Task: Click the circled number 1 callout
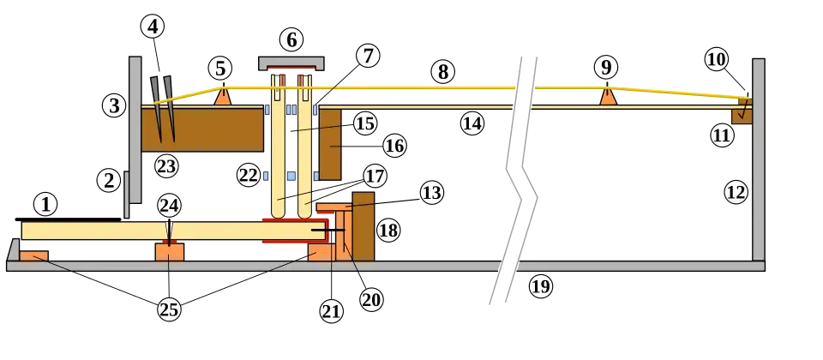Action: (45, 205)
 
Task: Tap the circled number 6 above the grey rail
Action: (291, 40)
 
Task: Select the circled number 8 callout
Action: (443, 72)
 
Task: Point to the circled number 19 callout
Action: (541, 286)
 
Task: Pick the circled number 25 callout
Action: (169, 309)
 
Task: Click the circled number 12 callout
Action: (736, 193)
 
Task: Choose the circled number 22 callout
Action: (249, 175)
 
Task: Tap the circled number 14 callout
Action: (472, 123)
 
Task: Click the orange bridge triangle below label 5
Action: (223, 96)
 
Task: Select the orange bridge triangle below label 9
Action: (608, 96)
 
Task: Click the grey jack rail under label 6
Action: (291, 63)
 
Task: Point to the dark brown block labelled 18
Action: (363, 226)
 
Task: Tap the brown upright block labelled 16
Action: (330, 144)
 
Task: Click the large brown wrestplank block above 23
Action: (202, 130)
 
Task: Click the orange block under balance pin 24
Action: (170, 251)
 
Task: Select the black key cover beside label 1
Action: (69, 219)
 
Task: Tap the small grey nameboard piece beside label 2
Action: (126, 195)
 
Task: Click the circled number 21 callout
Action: (331, 312)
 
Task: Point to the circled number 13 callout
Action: (431, 193)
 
